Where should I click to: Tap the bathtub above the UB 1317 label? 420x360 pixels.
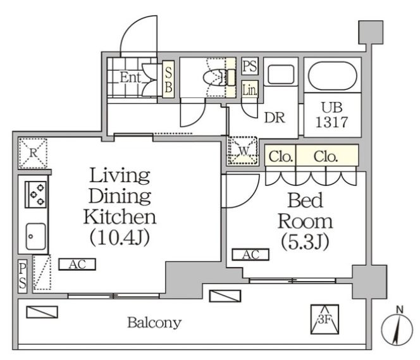[x=333, y=76]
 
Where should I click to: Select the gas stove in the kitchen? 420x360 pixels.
[x=35, y=194]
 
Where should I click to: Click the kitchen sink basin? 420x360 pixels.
[x=35, y=236]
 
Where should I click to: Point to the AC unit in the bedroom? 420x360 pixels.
[x=250, y=254]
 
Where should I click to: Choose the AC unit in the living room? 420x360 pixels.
[x=77, y=264]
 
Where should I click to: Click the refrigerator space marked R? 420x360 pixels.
[x=33, y=153]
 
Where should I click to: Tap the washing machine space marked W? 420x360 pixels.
[x=243, y=151]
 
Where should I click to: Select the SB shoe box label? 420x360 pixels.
[x=168, y=79]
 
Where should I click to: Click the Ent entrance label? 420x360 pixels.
[x=130, y=78]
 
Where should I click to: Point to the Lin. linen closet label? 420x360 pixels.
[x=250, y=89]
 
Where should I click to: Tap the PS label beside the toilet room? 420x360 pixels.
[x=250, y=66]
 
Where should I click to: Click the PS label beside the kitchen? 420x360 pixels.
[x=23, y=276]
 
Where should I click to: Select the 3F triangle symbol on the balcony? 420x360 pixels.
[x=324, y=320]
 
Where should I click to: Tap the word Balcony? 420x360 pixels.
[x=154, y=323]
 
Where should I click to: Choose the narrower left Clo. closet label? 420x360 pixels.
[x=280, y=156]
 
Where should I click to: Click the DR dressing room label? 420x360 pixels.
[x=275, y=117]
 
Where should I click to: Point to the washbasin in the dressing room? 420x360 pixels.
[x=281, y=73]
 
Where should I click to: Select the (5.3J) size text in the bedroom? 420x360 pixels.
[x=305, y=242]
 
